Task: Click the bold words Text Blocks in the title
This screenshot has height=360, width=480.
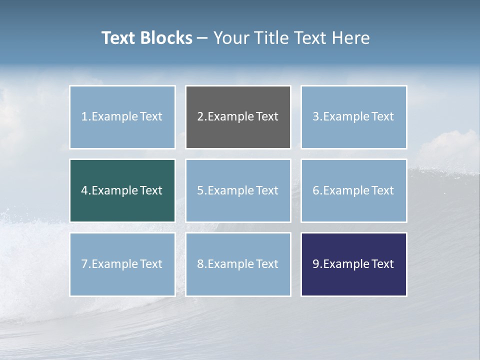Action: (x=146, y=38)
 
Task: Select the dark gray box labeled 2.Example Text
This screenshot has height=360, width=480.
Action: (x=238, y=117)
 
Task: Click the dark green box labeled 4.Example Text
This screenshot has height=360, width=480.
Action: (x=122, y=190)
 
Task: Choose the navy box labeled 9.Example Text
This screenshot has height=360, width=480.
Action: (x=353, y=264)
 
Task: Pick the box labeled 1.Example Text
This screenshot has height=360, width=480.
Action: (x=122, y=117)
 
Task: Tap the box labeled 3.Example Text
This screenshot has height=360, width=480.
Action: (x=353, y=117)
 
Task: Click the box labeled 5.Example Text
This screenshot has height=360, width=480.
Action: (x=238, y=190)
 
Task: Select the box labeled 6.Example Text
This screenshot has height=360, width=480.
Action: (x=353, y=190)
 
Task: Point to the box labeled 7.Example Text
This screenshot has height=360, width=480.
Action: (x=122, y=264)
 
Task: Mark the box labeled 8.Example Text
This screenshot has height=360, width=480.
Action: (x=238, y=264)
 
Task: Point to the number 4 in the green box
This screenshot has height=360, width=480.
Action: (x=84, y=190)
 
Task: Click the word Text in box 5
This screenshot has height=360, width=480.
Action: (x=267, y=190)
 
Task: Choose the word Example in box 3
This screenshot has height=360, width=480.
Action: (x=346, y=117)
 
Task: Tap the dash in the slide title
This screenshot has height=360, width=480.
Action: (x=202, y=38)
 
